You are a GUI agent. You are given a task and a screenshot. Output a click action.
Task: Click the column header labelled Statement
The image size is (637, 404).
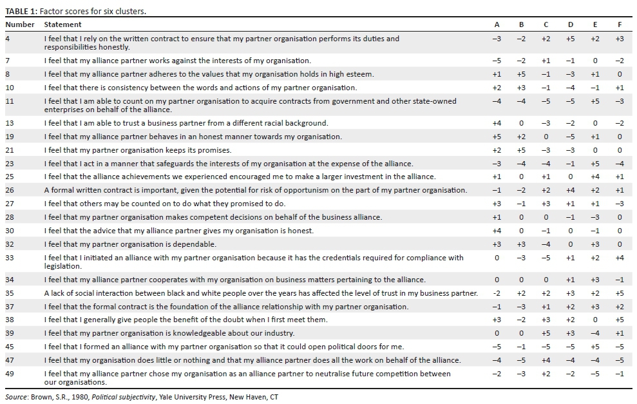click(62, 24)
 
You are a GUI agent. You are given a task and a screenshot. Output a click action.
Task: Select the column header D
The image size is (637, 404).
click(571, 24)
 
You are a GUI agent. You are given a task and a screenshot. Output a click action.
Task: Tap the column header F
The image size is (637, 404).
click(619, 24)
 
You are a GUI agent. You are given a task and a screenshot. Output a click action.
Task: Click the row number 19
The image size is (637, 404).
click(10, 137)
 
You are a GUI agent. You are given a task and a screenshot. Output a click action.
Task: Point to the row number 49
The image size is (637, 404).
click(10, 374)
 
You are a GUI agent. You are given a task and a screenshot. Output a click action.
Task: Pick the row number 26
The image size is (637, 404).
click(10, 190)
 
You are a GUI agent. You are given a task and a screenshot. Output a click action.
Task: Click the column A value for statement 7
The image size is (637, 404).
click(497, 61)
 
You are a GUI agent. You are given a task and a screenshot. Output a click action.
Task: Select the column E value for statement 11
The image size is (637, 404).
click(594, 101)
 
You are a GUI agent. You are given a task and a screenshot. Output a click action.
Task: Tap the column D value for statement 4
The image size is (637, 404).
click(570, 39)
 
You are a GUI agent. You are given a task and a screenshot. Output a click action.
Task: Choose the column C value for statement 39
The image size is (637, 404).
click(546, 333)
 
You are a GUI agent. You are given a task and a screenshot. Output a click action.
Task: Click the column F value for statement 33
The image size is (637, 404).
click(619, 258)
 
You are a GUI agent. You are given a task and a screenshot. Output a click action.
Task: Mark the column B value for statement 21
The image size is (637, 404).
click(521, 150)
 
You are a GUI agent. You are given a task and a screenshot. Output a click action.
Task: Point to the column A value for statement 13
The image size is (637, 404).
click(497, 123)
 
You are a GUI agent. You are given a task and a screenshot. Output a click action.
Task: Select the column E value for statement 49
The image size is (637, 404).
click(594, 374)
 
